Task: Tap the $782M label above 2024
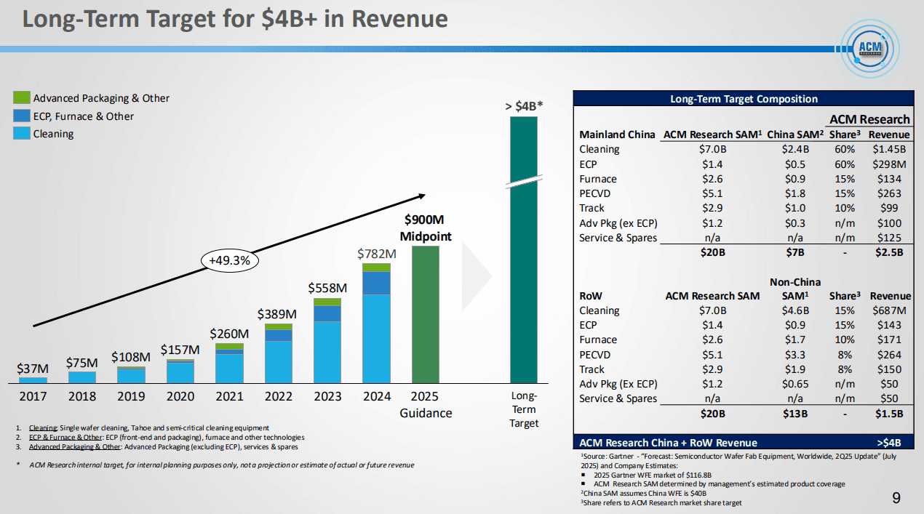(x=376, y=254)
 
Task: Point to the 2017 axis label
(x=33, y=396)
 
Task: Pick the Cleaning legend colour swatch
(x=22, y=134)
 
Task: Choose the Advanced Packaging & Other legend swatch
(x=22, y=97)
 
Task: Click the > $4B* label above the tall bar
(x=524, y=106)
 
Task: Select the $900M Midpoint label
(x=426, y=228)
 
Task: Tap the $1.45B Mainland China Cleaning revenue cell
(x=888, y=149)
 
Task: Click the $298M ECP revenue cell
(x=889, y=164)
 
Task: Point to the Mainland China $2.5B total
(x=889, y=252)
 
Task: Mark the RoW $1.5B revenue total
(x=889, y=413)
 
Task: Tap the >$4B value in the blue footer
(x=889, y=442)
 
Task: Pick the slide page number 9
(x=896, y=498)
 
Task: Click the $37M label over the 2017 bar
(x=33, y=369)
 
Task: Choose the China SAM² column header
(x=794, y=134)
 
